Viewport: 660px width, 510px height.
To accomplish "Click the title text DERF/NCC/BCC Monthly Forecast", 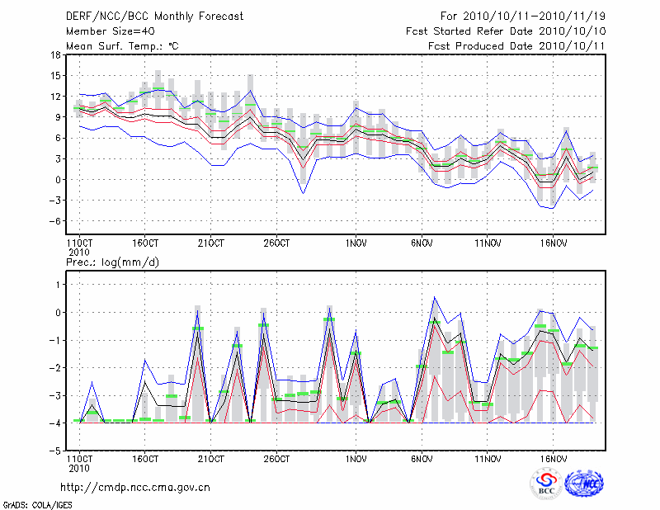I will coord(154,17).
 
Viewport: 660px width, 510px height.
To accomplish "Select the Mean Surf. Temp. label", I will coord(122,46).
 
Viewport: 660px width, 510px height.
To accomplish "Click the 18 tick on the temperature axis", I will coord(54,55).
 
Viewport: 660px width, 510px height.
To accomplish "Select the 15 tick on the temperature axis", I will coord(54,76).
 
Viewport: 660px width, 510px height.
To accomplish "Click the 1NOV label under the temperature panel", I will coord(356,243).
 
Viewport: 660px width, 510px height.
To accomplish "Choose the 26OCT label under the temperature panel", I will coord(276,243).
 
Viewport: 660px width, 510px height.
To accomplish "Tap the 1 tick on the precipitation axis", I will coord(58,285).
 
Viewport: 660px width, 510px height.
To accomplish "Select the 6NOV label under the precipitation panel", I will coord(422,458).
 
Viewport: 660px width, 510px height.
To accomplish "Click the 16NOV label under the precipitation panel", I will coord(553,458).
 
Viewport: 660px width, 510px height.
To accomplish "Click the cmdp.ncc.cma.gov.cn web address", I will coord(135,487).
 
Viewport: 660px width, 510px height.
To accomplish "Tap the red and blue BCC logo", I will coord(545,484).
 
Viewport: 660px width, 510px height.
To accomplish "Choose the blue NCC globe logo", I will coord(583,484).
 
